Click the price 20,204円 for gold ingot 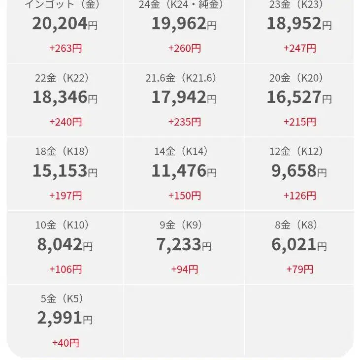[x=65, y=24]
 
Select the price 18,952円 [x=299, y=24]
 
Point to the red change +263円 [x=65, y=48]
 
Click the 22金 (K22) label [x=62, y=78]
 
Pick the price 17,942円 [x=184, y=98]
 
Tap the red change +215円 [x=299, y=122]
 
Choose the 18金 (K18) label [x=62, y=151]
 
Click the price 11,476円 [x=184, y=171]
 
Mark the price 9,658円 [x=299, y=171]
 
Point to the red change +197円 [x=65, y=196]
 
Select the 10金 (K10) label [x=62, y=225]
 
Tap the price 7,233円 [x=184, y=245]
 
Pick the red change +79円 [x=299, y=269]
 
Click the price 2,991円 [x=65, y=318]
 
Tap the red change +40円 [x=65, y=343]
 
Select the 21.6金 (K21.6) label [x=181, y=78]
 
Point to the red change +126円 [x=299, y=196]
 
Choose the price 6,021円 [x=299, y=245]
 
